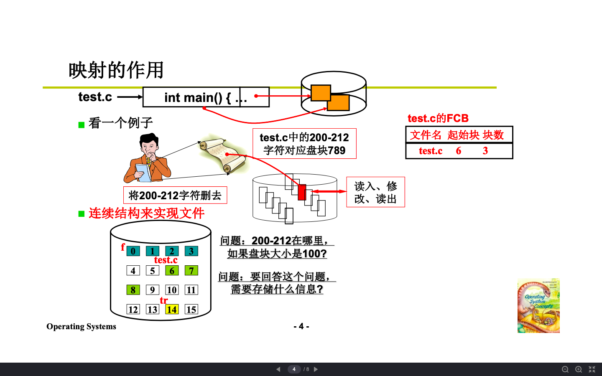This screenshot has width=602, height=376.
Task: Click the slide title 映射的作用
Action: [x=116, y=70]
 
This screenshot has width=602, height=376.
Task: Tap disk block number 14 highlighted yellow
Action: [x=172, y=310]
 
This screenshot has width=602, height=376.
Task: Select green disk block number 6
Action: [x=172, y=271]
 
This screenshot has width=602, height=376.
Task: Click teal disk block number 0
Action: [x=133, y=251]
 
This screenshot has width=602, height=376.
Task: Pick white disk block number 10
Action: [x=172, y=290]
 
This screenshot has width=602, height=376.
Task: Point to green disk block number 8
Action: [x=133, y=290]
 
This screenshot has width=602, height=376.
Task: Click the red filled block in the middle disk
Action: [x=302, y=192]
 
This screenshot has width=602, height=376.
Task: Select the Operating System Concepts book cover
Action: [x=538, y=305]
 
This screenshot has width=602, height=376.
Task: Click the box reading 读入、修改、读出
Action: [x=375, y=192]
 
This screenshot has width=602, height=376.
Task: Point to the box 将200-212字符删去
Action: [x=175, y=195]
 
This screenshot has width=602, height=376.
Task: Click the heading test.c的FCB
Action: [x=438, y=118]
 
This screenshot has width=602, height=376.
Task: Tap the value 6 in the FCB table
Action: [x=459, y=151]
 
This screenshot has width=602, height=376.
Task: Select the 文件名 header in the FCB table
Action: [x=426, y=135]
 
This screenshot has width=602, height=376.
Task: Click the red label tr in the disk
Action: [x=163, y=300]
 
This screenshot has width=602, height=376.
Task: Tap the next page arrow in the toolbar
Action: [x=316, y=369]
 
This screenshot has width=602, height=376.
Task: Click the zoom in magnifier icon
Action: [x=579, y=369]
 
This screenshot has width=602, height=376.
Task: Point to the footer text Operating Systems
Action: [x=82, y=326]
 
